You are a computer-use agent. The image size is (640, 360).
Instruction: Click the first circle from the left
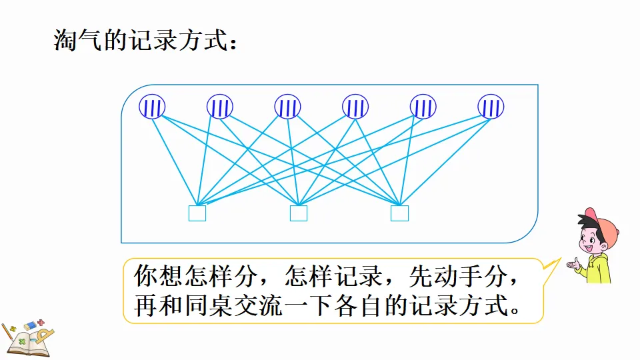click(152, 107)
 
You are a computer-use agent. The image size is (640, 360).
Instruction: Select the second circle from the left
click(220, 107)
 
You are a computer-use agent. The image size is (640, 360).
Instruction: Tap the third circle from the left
click(288, 107)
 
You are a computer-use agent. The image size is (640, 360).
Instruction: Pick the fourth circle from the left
click(355, 107)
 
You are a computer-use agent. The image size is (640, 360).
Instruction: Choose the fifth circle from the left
click(423, 107)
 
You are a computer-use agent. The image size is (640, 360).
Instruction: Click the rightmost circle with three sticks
click(491, 107)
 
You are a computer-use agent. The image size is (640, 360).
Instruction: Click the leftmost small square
click(197, 213)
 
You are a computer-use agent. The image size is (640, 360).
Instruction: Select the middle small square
click(299, 213)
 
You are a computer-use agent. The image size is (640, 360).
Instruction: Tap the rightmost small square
click(399, 213)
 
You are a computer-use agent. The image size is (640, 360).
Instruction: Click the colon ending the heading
click(233, 43)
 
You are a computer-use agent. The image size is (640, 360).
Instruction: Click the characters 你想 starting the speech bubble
click(159, 276)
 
